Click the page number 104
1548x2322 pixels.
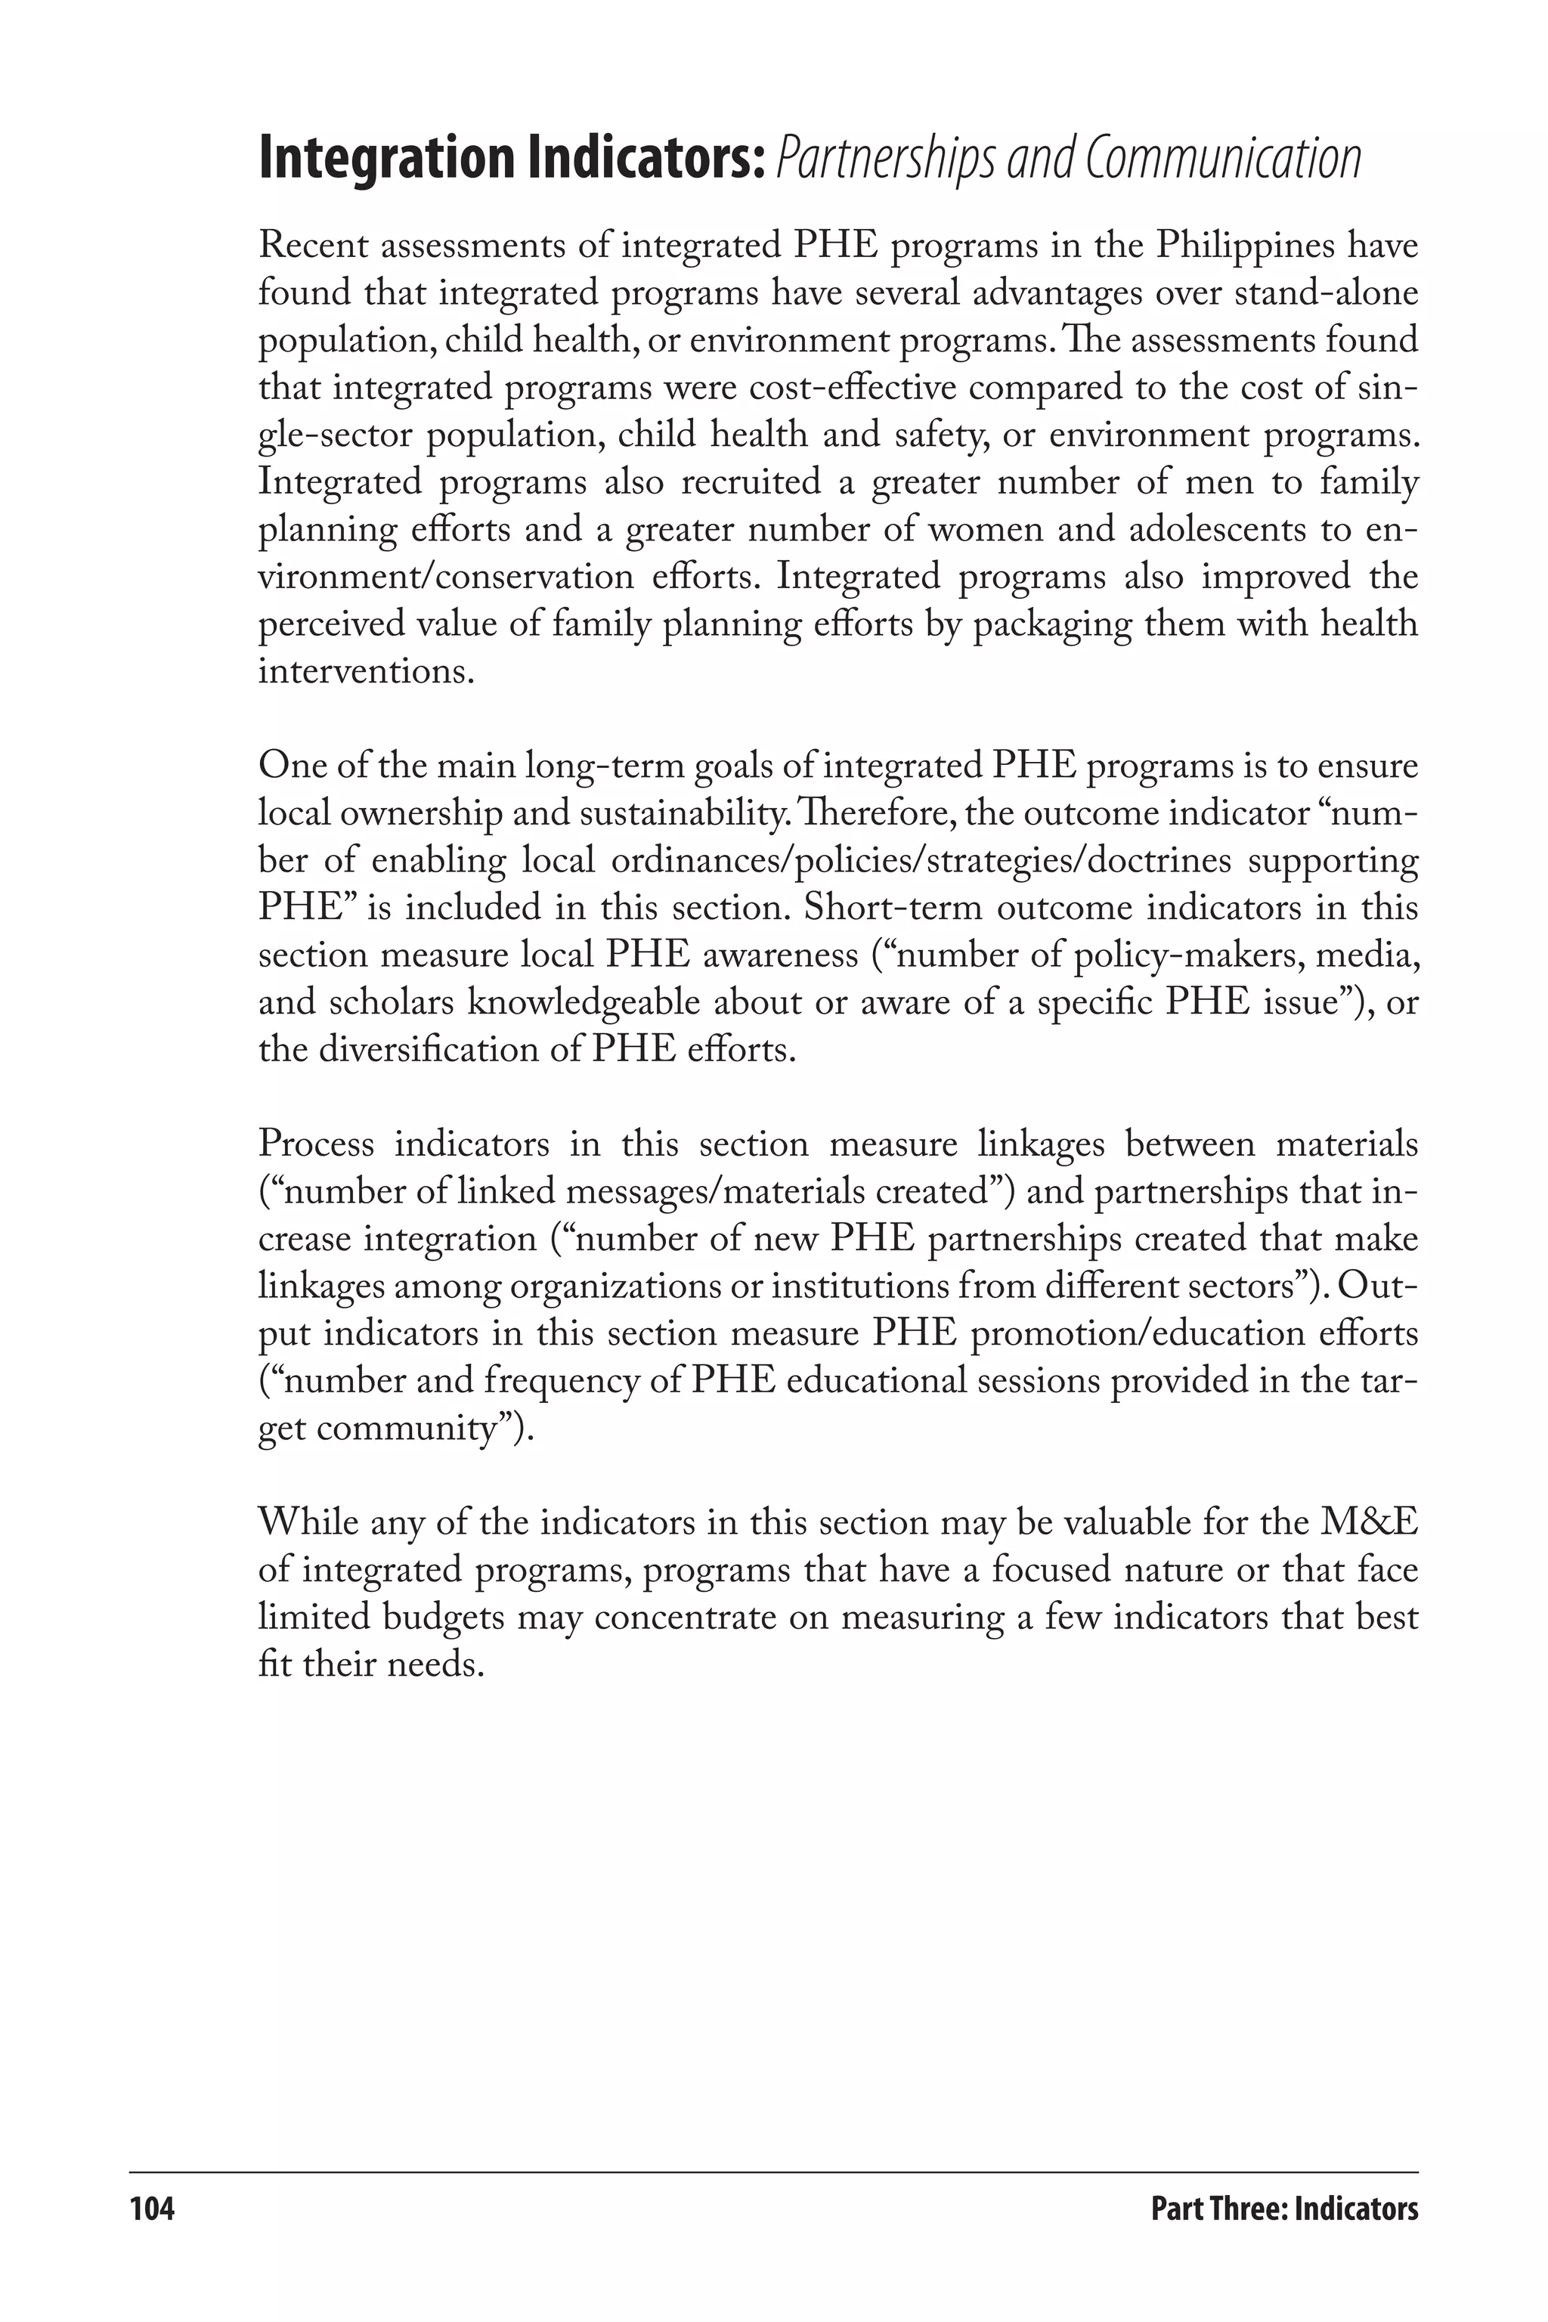tap(152, 2209)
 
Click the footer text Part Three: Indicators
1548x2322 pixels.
tap(1283, 2209)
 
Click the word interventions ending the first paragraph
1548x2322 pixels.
tap(361, 671)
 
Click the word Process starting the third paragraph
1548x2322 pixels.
tap(316, 1144)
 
